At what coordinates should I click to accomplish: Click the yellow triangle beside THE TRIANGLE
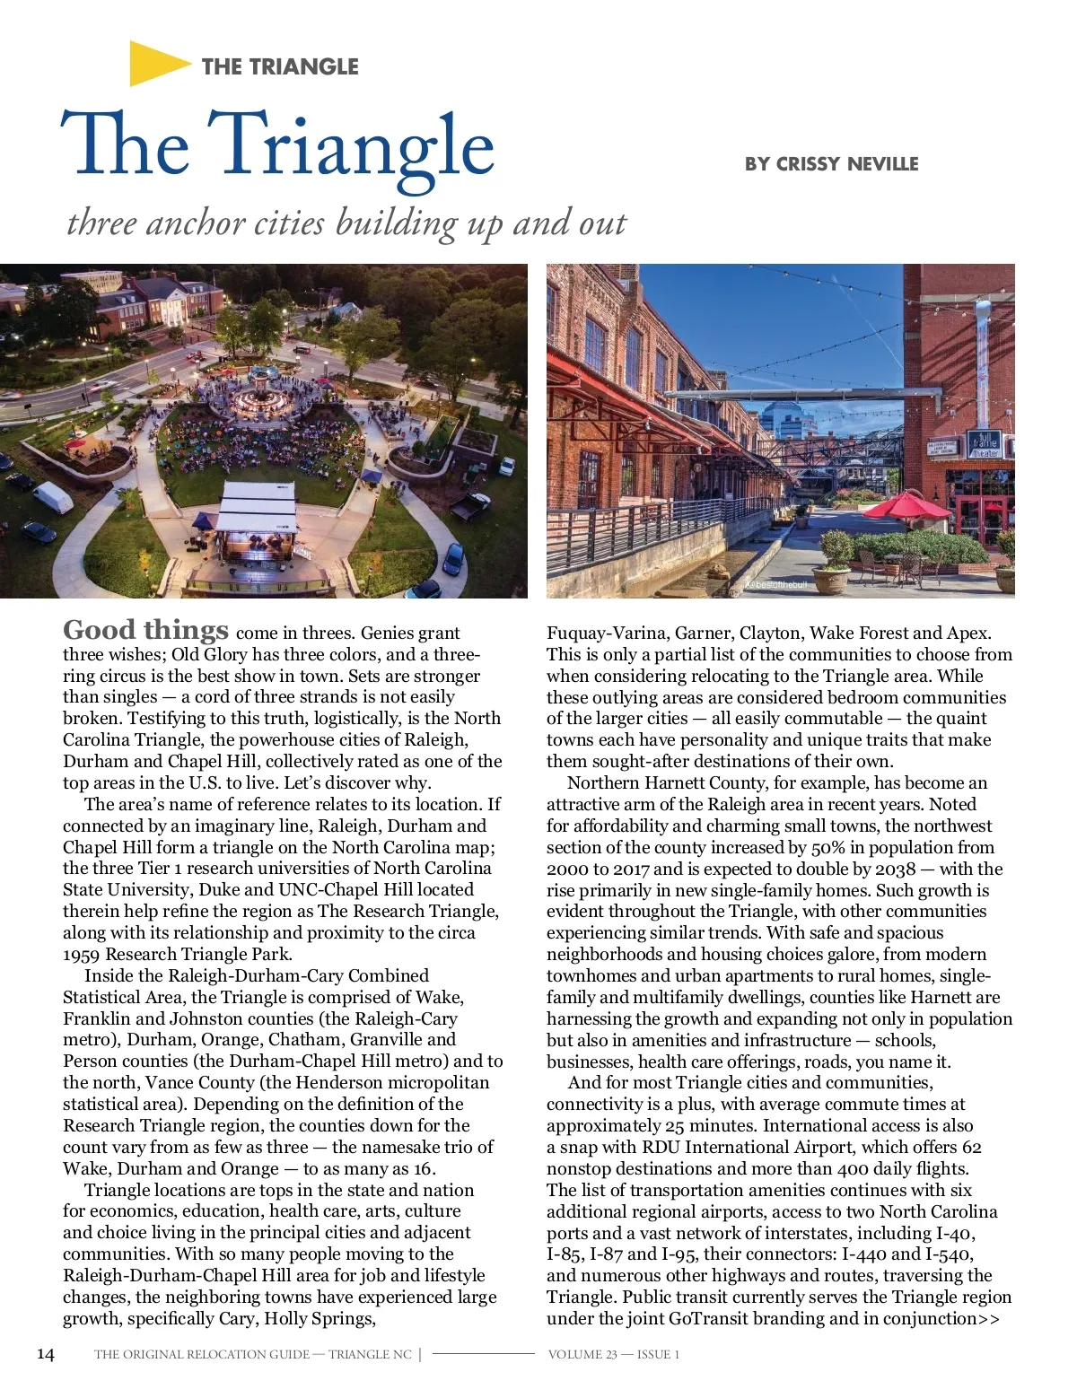(x=154, y=64)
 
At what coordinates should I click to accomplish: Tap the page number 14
(x=45, y=1355)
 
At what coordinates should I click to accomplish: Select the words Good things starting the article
(x=145, y=630)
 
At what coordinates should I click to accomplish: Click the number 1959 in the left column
(x=82, y=955)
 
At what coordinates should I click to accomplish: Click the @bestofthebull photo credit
(x=777, y=584)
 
